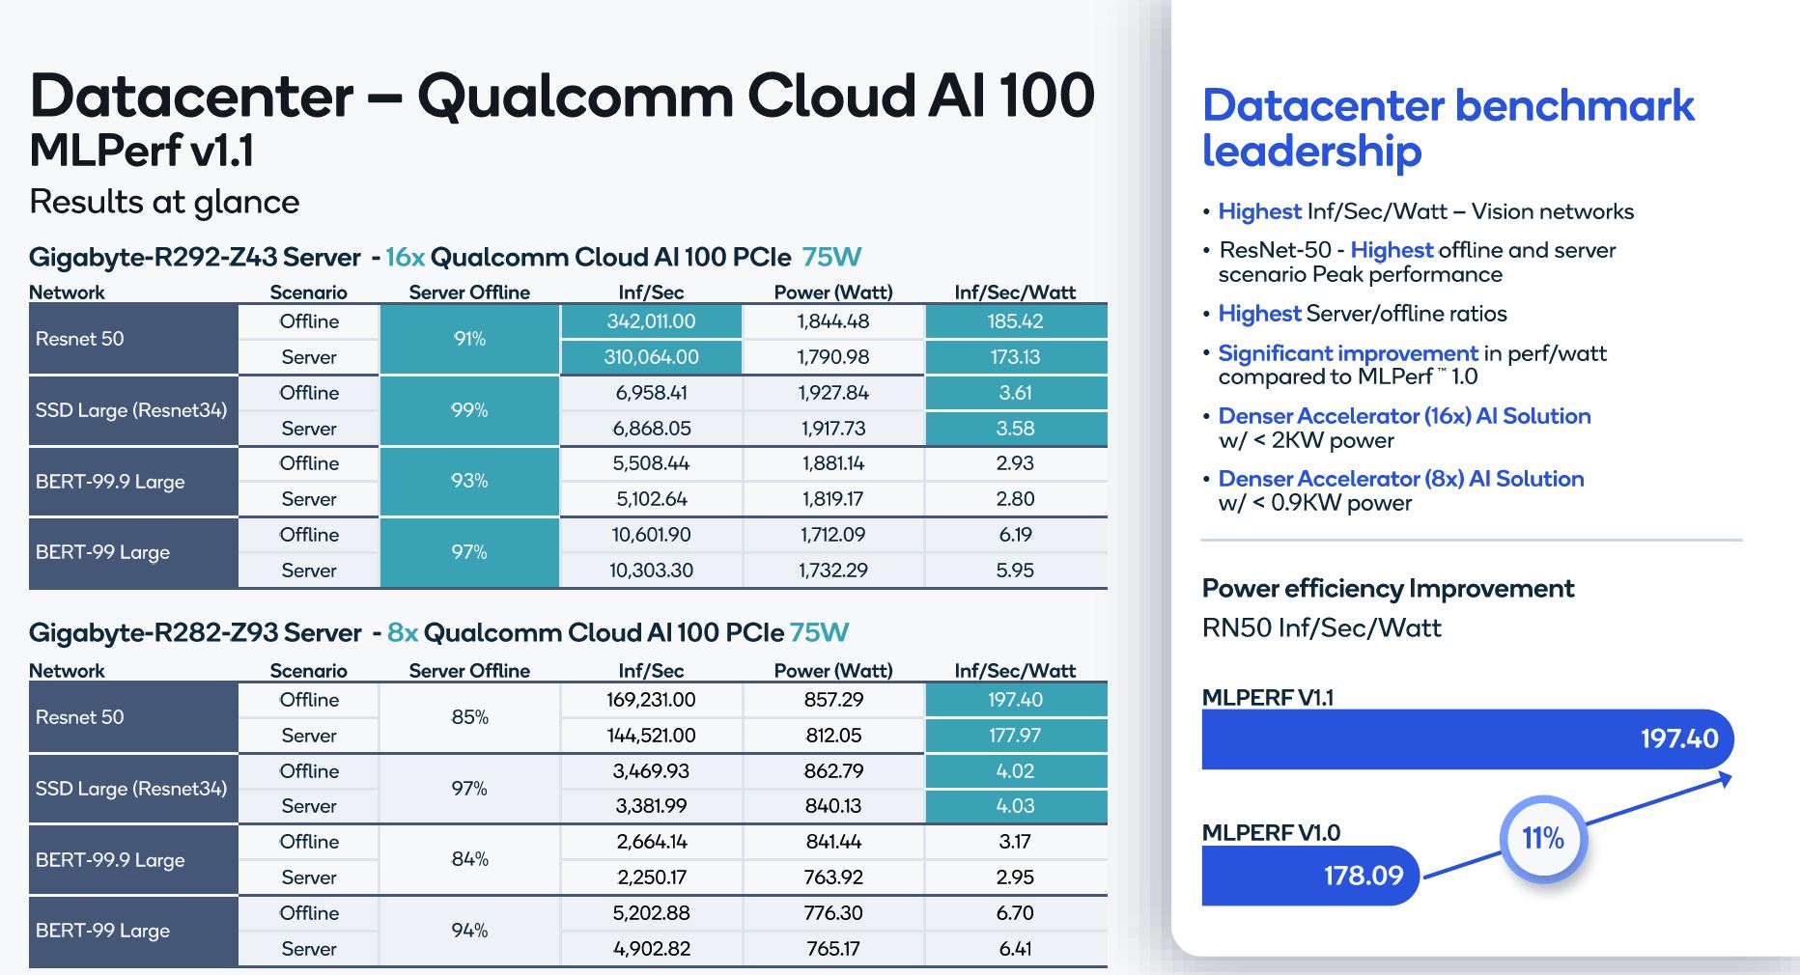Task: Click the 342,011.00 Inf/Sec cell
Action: [x=651, y=321]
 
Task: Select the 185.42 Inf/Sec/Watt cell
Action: [x=1015, y=321]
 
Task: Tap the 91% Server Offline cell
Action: [x=469, y=339]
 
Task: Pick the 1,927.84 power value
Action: [x=833, y=393]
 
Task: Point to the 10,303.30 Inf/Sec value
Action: [x=651, y=571]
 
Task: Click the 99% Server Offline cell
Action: [x=469, y=410]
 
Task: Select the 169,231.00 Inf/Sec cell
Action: [x=651, y=700]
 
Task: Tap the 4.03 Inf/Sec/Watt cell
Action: [x=1015, y=806]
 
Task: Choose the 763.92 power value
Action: [x=833, y=877]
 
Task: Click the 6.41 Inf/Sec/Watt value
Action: [x=1015, y=949]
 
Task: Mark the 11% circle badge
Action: [x=1542, y=838]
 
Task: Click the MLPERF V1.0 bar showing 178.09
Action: [x=1308, y=876]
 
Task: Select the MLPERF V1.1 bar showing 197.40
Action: [x=1466, y=739]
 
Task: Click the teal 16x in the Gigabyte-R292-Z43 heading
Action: [x=405, y=258]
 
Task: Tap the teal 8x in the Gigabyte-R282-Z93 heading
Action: [x=402, y=633]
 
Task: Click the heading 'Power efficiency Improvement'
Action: [x=1388, y=589]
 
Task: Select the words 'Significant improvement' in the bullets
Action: [x=1347, y=353]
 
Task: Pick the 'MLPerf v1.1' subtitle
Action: [x=142, y=151]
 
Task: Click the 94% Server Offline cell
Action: [x=469, y=931]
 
